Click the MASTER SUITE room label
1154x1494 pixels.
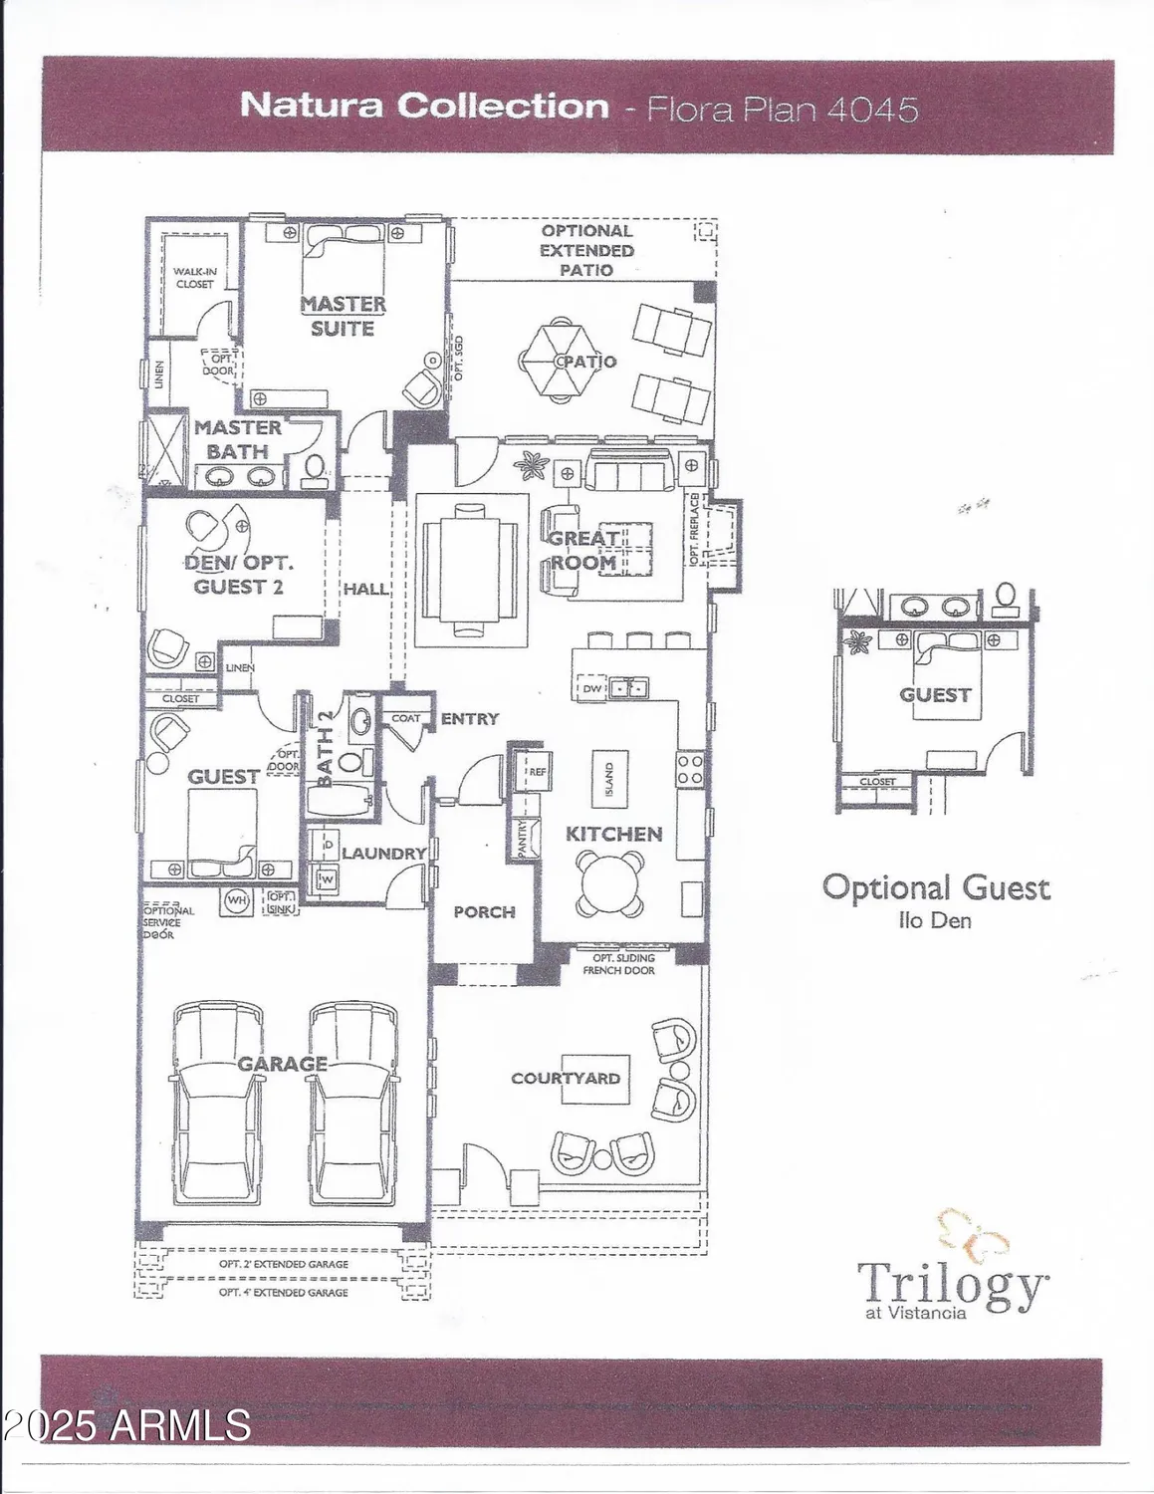(x=343, y=316)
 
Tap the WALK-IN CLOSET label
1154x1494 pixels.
(x=194, y=277)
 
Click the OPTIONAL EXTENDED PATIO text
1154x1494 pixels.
(x=586, y=250)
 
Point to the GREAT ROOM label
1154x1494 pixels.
(x=584, y=550)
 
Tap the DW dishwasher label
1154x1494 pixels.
(x=592, y=688)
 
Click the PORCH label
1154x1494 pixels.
(x=484, y=911)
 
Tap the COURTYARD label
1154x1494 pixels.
(x=566, y=1078)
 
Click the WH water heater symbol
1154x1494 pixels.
(x=236, y=900)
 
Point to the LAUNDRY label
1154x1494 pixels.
(x=383, y=854)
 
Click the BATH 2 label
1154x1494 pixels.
(x=326, y=749)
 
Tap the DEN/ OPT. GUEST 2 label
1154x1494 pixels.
(x=239, y=575)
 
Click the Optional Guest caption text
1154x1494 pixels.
(x=935, y=887)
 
